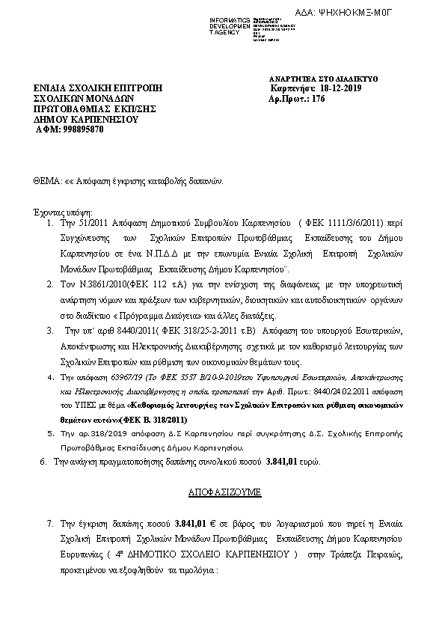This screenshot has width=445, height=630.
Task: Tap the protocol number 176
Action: point(317,98)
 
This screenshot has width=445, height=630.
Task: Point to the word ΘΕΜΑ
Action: point(47,181)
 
